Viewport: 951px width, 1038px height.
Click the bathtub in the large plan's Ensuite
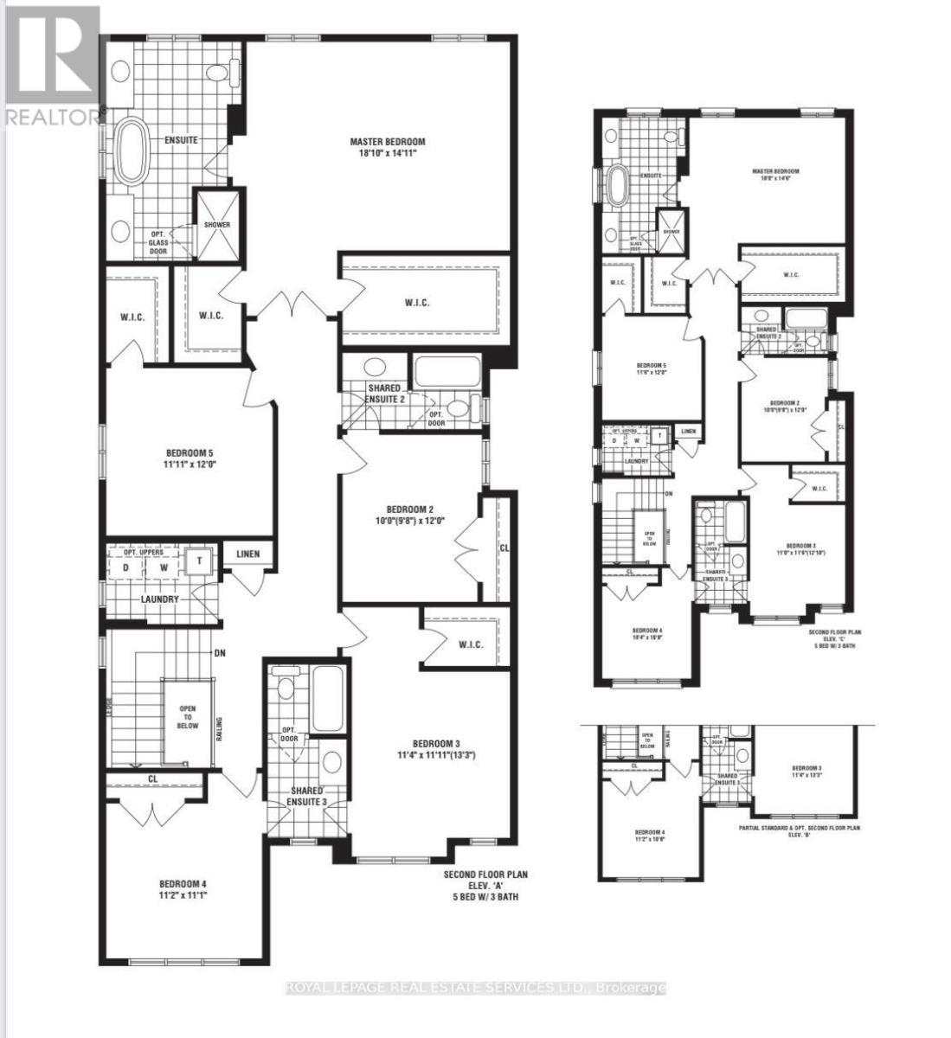pos(132,151)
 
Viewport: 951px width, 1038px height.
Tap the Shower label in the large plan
pos(217,225)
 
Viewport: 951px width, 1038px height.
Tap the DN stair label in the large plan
pos(220,653)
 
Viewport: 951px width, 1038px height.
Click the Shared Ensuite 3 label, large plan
pos(307,796)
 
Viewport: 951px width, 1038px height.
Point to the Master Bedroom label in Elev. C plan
pos(775,171)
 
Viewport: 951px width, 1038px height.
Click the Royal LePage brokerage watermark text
pos(475,988)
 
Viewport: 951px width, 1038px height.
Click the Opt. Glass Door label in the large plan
pos(158,242)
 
